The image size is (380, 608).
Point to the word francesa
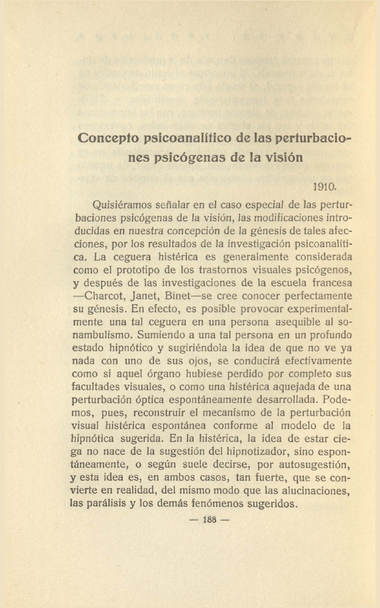332,282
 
